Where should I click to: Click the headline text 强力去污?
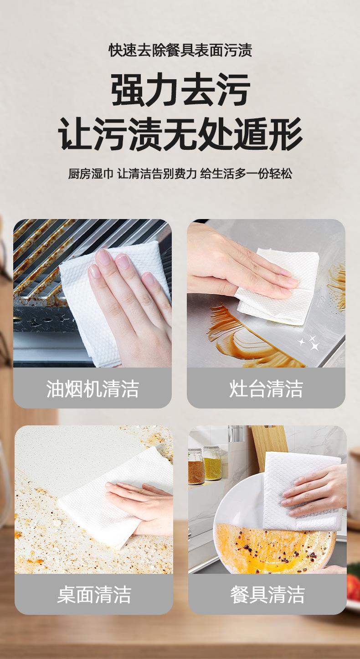pyautogui.click(x=180, y=89)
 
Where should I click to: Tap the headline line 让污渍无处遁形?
pyautogui.click(x=180, y=134)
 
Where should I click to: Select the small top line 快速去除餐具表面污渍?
pyautogui.click(x=180, y=50)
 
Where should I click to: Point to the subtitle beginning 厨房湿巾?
pyautogui.click(x=180, y=174)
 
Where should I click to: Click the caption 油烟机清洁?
pyautogui.click(x=93, y=388)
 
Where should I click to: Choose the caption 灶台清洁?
pyautogui.click(x=266, y=388)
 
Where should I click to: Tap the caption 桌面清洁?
pyautogui.click(x=94, y=595)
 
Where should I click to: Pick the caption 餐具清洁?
pyautogui.click(x=267, y=595)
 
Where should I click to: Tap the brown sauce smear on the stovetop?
pyautogui.click(x=250, y=338)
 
